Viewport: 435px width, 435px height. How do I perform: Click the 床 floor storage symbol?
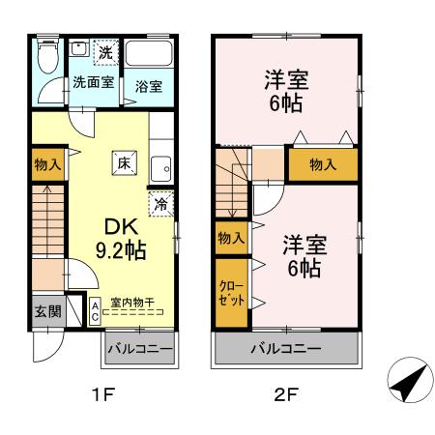click(124, 164)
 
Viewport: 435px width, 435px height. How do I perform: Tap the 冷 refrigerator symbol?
click(161, 204)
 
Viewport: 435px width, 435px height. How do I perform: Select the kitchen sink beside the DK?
click(161, 167)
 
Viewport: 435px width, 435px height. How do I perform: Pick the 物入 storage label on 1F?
click(46, 164)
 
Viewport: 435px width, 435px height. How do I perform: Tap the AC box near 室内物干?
click(95, 310)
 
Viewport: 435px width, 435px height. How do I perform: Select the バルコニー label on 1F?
click(139, 348)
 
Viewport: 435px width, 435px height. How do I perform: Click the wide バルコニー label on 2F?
click(286, 348)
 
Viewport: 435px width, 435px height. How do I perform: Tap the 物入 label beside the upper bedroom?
click(323, 164)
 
